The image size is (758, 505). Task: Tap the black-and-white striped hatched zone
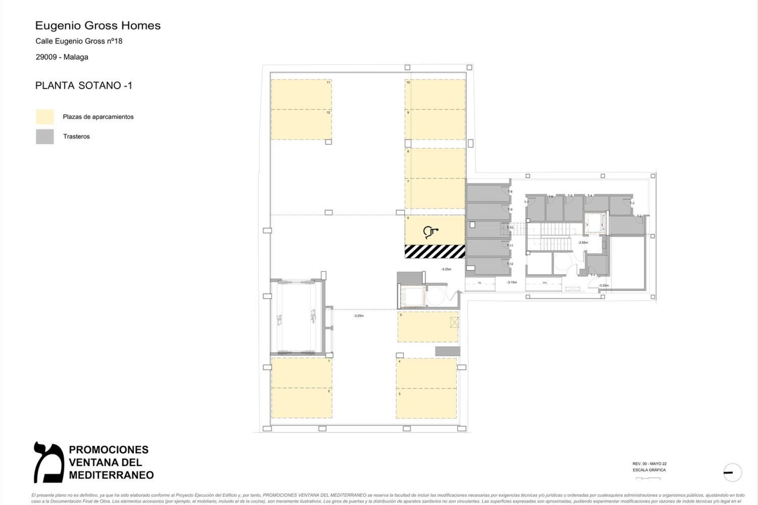coord(435,252)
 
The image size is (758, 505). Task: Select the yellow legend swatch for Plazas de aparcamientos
coord(45,117)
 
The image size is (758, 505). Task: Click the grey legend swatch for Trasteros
coord(45,137)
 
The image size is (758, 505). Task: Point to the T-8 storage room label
coord(510,192)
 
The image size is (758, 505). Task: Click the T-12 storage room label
coord(510,264)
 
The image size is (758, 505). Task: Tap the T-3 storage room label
coord(632,203)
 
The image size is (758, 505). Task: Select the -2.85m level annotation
coord(583,243)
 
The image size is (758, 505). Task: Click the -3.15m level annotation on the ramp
coord(512,282)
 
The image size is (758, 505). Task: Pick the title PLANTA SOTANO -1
coord(84,86)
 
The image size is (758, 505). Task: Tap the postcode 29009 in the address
coord(46,57)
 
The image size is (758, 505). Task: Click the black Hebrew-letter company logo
coord(49,462)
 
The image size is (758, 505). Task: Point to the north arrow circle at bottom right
coord(733,472)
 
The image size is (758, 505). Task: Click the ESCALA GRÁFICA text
coord(649,470)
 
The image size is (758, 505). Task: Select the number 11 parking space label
coord(328,82)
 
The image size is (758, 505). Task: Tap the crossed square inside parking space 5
coord(454,324)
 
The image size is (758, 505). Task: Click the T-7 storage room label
coord(526,202)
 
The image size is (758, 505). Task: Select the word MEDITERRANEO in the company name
coord(111,475)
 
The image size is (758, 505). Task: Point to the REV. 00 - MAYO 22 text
coord(649,464)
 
